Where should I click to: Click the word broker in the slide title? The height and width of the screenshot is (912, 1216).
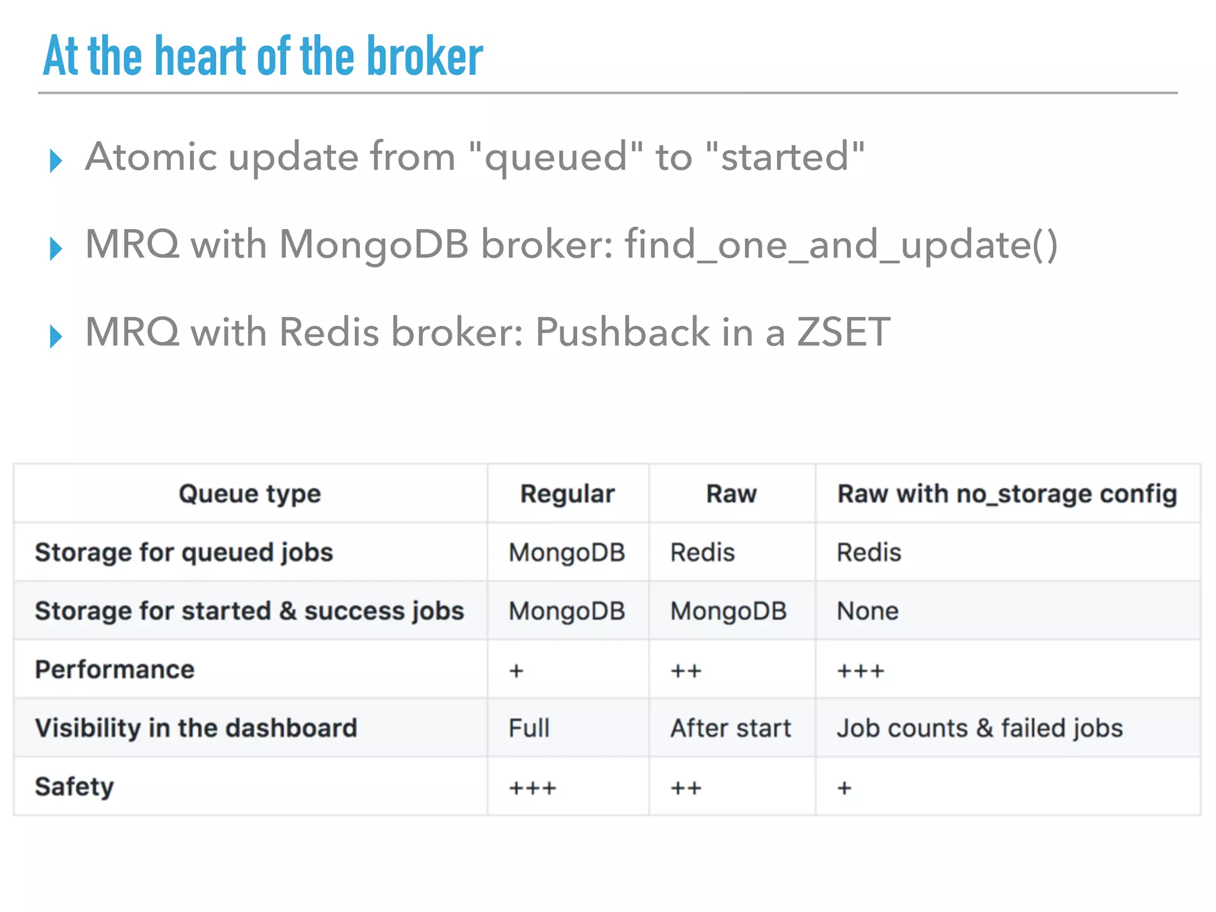pyautogui.click(x=425, y=56)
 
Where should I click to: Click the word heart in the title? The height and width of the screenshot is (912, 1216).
pyautogui.click(x=200, y=56)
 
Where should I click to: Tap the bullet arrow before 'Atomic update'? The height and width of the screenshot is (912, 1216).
pyautogui.click(x=56, y=160)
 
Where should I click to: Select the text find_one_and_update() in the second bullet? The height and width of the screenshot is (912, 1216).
pyautogui.click(x=841, y=245)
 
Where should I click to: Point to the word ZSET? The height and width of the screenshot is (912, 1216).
pyautogui.click(x=843, y=332)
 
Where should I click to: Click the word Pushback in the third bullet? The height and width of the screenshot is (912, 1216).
pyautogui.click(x=622, y=332)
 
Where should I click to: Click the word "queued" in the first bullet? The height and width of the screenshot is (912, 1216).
pyautogui.click(x=555, y=157)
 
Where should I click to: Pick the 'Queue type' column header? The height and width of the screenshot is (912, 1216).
pyautogui.click(x=250, y=494)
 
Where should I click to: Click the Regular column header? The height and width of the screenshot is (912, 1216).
pyautogui.click(x=568, y=494)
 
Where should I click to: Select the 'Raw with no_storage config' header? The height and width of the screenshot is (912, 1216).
pyautogui.click(x=1007, y=494)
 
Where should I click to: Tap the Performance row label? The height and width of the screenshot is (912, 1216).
pyautogui.click(x=115, y=670)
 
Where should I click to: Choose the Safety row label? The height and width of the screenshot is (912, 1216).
pyautogui.click(x=74, y=787)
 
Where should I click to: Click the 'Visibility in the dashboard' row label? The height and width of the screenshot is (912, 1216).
pyautogui.click(x=196, y=729)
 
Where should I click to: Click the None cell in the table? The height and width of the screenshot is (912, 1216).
pyautogui.click(x=867, y=612)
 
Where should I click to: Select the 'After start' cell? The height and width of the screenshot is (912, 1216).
pyautogui.click(x=731, y=729)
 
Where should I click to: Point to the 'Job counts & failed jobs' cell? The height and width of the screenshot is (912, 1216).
pyautogui.click(x=980, y=729)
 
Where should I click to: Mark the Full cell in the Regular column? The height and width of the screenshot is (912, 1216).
pyautogui.click(x=529, y=729)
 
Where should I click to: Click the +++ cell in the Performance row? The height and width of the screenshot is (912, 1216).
pyautogui.click(x=860, y=671)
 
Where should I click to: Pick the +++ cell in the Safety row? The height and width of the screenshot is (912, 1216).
pyautogui.click(x=533, y=788)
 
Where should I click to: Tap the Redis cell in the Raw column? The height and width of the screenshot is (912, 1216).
pyautogui.click(x=702, y=553)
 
